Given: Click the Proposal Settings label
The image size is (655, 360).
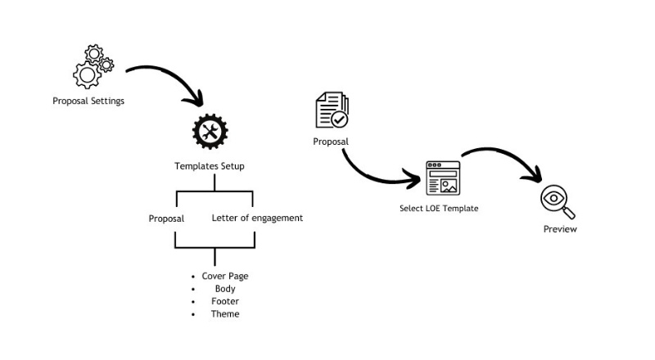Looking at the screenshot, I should point(88,102).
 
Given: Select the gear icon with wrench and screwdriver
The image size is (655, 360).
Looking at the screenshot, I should point(210,132).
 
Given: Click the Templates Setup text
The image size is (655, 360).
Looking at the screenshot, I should point(210,166).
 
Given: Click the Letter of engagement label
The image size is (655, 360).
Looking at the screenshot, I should point(257,218).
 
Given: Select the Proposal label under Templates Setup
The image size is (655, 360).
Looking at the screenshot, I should point(166,218).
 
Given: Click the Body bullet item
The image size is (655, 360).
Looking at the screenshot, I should point(224,289).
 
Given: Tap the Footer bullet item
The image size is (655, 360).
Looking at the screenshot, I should point(224,301).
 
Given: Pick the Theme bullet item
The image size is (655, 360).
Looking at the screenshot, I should point(224,313).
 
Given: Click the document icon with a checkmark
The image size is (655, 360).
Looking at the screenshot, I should point(332,111).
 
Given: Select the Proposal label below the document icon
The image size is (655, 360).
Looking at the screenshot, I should point(331,142).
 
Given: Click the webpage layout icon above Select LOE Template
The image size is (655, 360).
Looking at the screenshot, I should point(443,178).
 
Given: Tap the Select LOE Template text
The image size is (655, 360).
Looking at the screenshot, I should point(439,209).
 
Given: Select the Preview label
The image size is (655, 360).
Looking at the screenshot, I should point(560,229).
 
